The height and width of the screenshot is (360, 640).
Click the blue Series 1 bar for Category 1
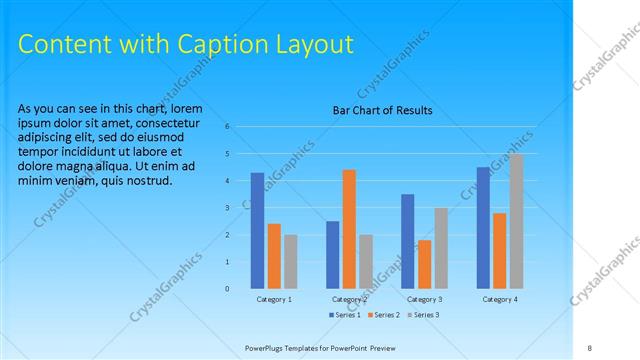click(x=257, y=231)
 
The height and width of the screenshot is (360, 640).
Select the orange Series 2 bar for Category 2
click(x=349, y=229)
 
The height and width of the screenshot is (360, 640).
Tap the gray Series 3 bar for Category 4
click(x=516, y=221)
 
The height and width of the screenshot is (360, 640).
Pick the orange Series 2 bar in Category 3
click(x=424, y=264)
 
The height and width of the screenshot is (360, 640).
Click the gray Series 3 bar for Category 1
click(x=290, y=262)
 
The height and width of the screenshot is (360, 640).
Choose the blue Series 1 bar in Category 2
click(x=332, y=255)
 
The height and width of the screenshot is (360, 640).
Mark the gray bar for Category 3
click(x=441, y=248)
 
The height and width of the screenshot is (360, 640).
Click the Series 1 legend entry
click(x=346, y=315)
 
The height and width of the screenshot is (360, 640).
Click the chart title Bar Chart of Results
click(x=383, y=111)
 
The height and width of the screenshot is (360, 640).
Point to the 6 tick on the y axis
click(x=228, y=126)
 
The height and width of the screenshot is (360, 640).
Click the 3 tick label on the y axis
click(x=228, y=207)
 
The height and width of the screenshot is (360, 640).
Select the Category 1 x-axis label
click(x=274, y=299)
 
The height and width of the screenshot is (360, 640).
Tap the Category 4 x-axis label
click(x=499, y=299)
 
